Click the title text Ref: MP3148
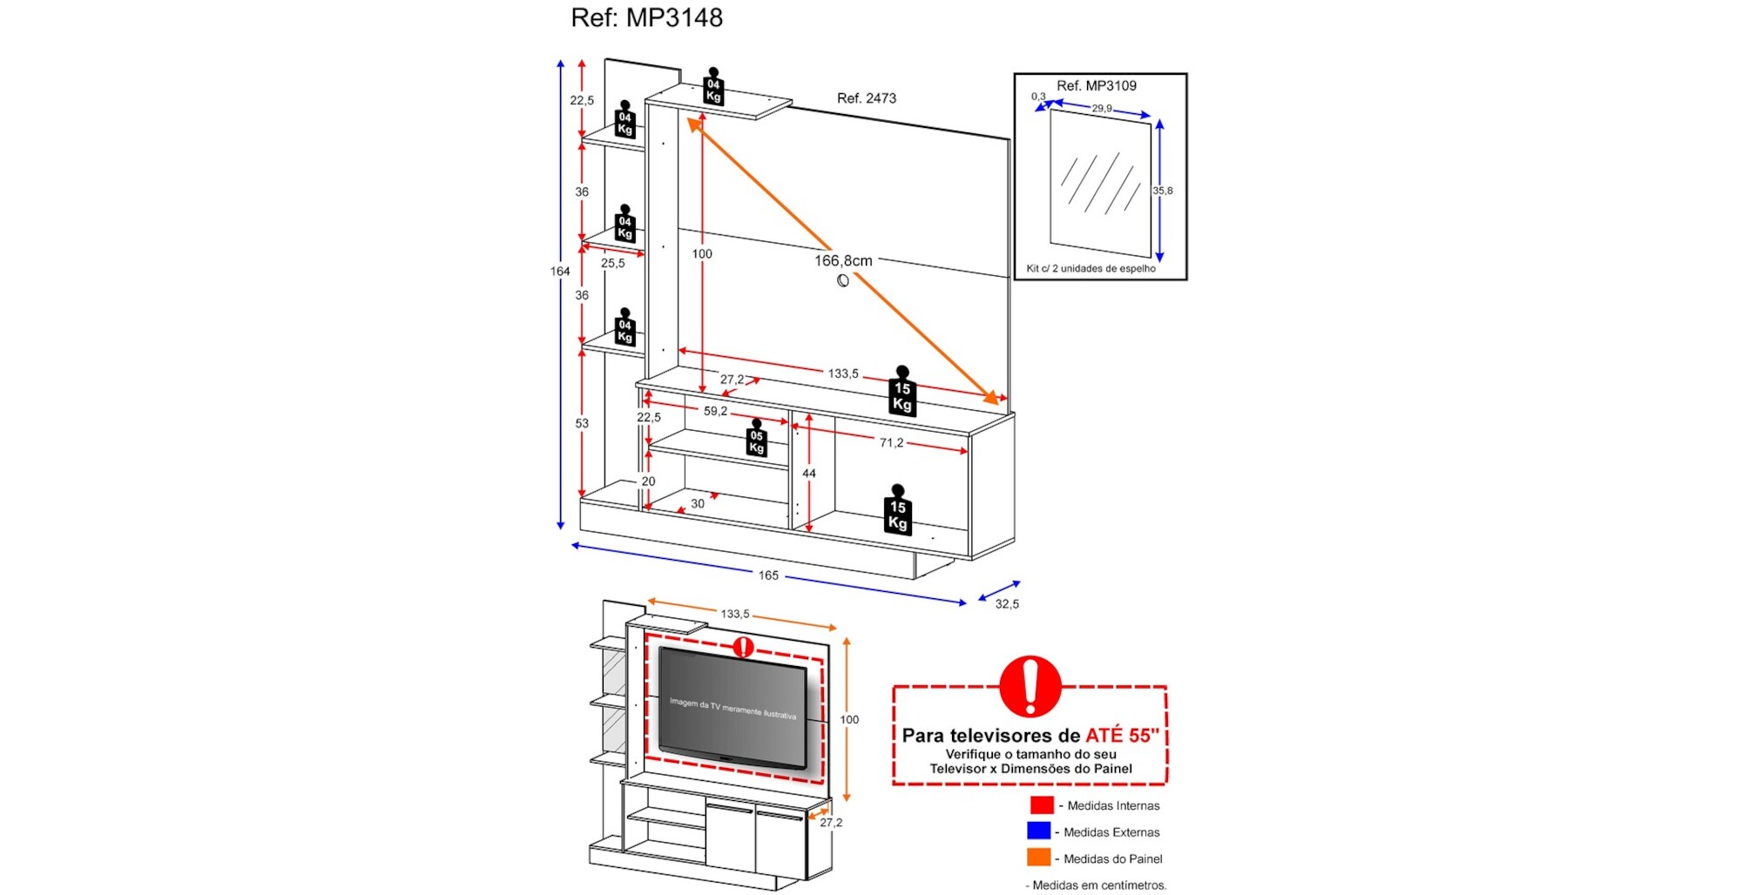[x=646, y=17]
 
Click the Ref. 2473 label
[x=866, y=98]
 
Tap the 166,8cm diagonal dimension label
[x=842, y=260]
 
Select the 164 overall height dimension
[x=560, y=271]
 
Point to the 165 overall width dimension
[x=768, y=575]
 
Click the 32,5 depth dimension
[x=1007, y=603]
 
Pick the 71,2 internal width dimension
[x=891, y=442]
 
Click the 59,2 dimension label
[x=715, y=411]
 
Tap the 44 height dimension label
[x=809, y=474]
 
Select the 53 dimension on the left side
[x=582, y=423]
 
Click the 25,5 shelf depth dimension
[x=612, y=263]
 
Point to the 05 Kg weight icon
[x=756, y=440]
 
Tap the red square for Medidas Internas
[x=1041, y=805]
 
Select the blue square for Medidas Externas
[x=1038, y=831]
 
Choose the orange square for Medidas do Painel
[x=1038, y=858]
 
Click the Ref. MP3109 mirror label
[x=1096, y=85]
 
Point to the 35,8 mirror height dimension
[x=1163, y=191]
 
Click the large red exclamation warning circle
[x=1030, y=685]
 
